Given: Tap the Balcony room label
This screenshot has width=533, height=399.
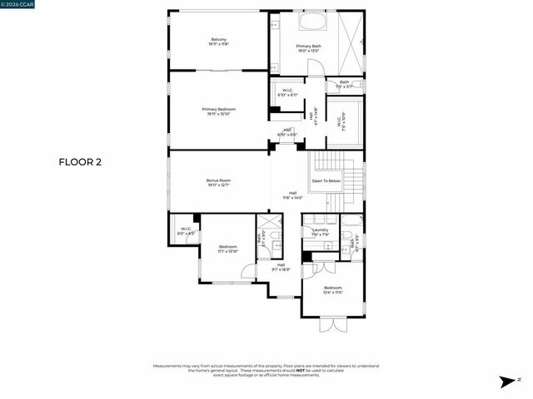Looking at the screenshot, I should pyautogui.click(x=219, y=42).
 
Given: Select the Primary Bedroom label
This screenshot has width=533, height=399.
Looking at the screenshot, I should pyautogui.click(x=219, y=111).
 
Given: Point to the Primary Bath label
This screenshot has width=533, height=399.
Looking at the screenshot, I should pyautogui.click(x=309, y=48).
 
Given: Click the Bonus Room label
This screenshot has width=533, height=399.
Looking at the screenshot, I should pyautogui.click(x=219, y=183).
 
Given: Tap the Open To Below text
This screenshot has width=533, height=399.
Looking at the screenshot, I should pyautogui.click(x=326, y=180).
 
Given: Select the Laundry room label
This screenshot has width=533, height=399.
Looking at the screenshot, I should pyautogui.click(x=320, y=232).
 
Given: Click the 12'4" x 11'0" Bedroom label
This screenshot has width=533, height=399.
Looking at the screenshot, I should pyautogui.click(x=332, y=290).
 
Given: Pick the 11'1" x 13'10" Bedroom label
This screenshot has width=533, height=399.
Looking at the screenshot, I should pyautogui.click(x=227, y=249).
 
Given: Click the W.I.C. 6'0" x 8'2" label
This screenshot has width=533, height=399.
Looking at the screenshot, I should pyautogui.click(x=185, y=231).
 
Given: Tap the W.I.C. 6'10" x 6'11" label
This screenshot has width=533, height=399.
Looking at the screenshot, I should pyautogui.click(x=286, y=93).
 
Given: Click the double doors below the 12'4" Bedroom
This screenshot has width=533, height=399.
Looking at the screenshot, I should pyautogui.click(x=331, y=325).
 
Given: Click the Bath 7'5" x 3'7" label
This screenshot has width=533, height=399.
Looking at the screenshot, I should pyautogui.click(x=344, y=84).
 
